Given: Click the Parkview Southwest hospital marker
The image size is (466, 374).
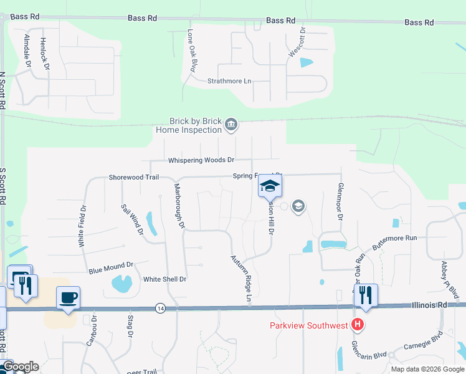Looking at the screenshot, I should pyautogui.click(x=357, y=325).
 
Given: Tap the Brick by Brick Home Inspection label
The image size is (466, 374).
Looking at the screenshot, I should pyautogui.click(x=196, y=126).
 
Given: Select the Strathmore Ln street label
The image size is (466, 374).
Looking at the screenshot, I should pyautogui.click(x=229, y=81).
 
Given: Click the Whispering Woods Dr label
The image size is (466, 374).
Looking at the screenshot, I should pyautogui.click(x=201, y=160).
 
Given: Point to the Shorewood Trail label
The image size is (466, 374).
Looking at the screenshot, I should pyautogui.click(x=134, y=177).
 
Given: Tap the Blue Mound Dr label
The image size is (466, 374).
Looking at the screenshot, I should pyautogui.click(x=111, y=268).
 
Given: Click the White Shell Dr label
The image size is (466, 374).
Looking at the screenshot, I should pyautogui.click(x=164, y=279).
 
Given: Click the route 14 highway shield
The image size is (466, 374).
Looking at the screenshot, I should pyautogui.click(x=161, y=308).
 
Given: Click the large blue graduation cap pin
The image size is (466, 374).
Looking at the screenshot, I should pyautogui.click(x=270, y=185).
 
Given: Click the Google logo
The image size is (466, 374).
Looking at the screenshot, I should pyautogui.click(x=20, y=367).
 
